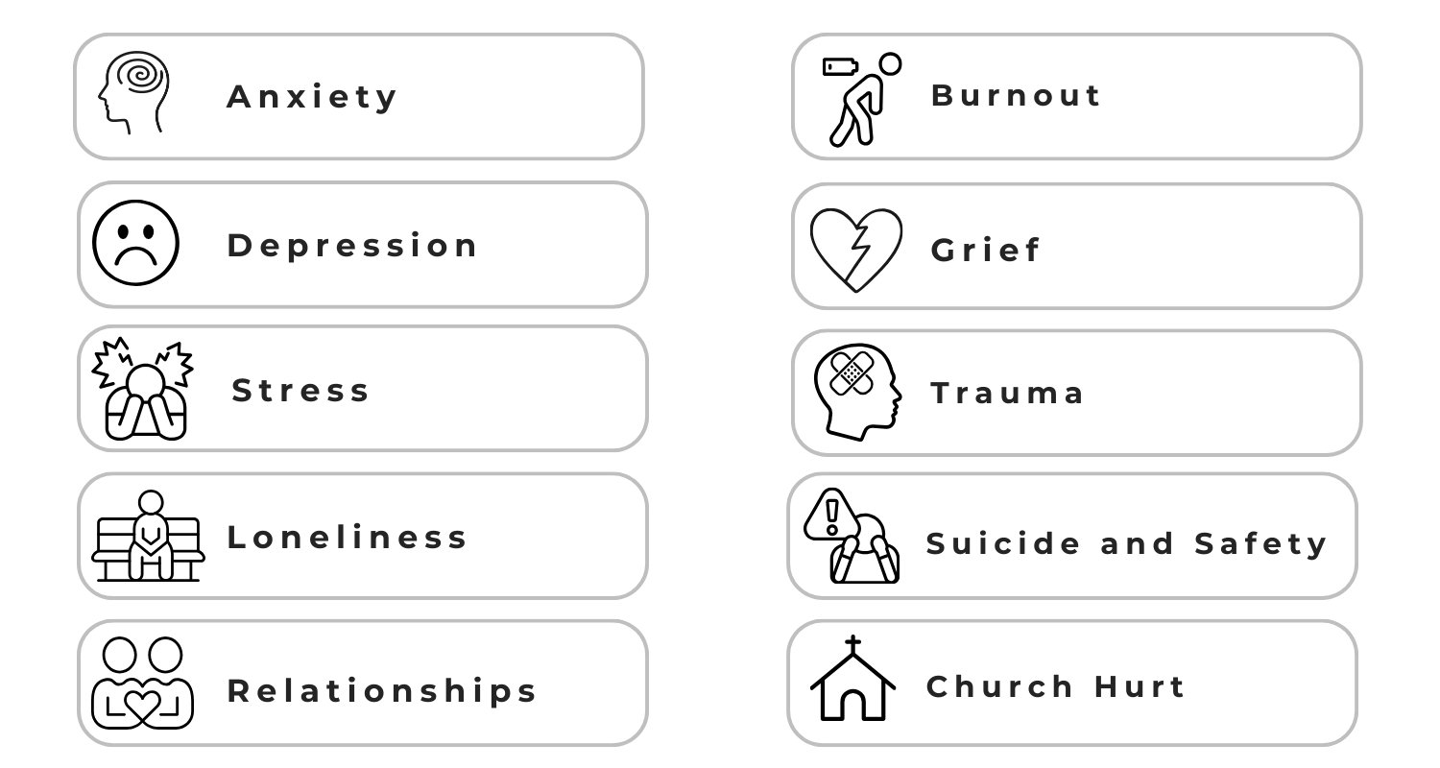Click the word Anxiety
pos(312,97)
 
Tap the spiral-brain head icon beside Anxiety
pos(135,93)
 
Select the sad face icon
pos(135,243)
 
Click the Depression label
pos(352,246)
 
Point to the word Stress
pos(300,391)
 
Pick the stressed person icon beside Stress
pos(143,389)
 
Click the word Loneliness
pos(347,537)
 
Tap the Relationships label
pos(382,690)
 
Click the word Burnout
pos(1017,95)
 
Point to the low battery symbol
pos(842,67)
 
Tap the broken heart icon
pos(856,250)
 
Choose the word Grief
pos(986,251)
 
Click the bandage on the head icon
pos(847,372)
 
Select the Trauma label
pos(1008,393)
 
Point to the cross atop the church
pos(852,644)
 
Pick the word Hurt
pos(1140,686)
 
